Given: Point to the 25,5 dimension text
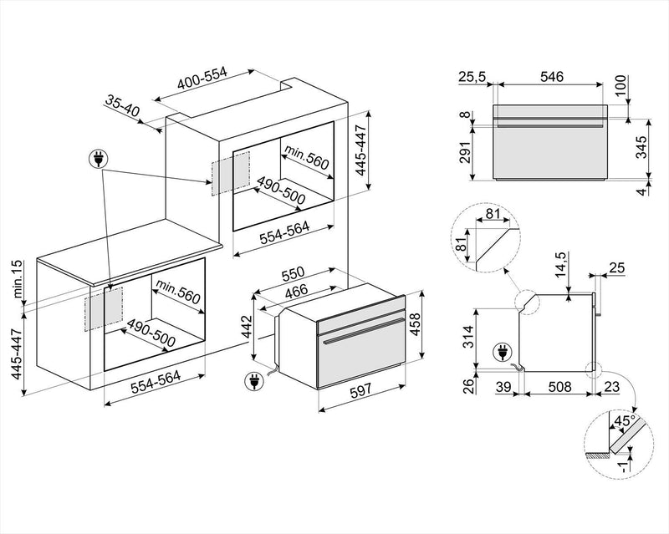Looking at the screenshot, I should [472, 77].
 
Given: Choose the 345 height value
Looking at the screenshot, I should [641, 149].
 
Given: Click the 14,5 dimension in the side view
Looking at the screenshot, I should [561, 265].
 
